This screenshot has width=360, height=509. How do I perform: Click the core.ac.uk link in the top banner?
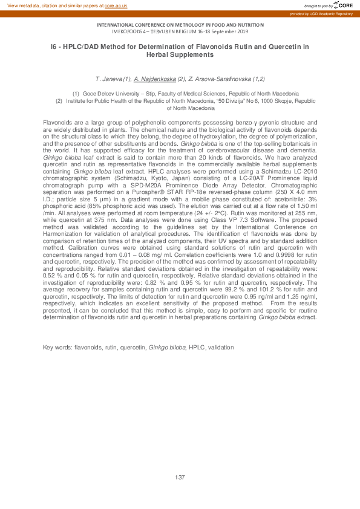(x=116, y=5)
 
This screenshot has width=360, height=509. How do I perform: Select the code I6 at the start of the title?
(x=54, y=46)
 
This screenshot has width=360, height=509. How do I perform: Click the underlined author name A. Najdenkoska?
(x=155, y=79)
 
